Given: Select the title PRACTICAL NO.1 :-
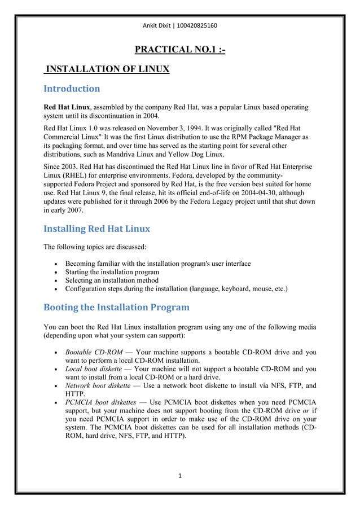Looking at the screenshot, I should tap(180, 50).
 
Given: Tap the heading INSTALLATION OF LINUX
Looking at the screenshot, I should tap(107, 69).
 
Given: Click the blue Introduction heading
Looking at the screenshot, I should tap(72, 89).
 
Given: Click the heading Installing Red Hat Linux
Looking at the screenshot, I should tap(96, 229).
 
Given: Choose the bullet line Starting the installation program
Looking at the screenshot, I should tap(112, 272).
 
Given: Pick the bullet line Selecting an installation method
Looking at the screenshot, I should tap(112, 280).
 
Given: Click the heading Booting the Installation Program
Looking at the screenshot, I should tap(116, 308).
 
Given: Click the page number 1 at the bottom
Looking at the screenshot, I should tap(179, 476).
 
